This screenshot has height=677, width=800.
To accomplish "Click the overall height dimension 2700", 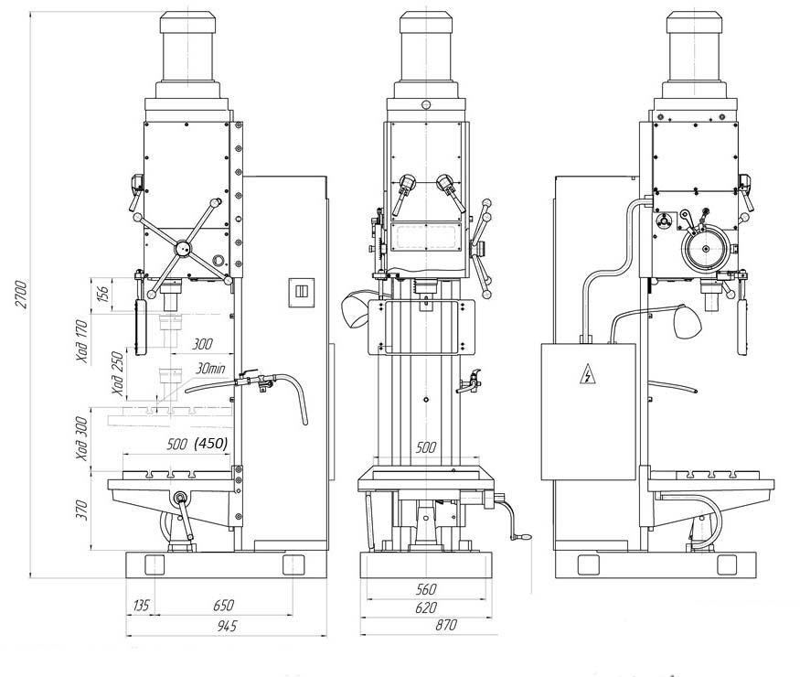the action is point(21,294).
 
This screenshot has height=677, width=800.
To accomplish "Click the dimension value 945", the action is point(226,626).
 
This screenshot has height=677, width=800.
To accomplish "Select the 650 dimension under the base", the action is point(223,606).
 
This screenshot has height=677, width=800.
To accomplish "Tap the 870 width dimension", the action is point(445,625).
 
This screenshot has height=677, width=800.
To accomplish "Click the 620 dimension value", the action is point(425,607).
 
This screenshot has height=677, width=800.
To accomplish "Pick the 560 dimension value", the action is point(425,590).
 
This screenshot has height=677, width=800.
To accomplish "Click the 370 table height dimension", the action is point(82,510).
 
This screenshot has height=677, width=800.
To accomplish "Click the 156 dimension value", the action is point(102,294).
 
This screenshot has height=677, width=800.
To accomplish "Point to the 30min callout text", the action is point(210,369).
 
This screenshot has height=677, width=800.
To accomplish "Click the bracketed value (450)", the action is point(210,443).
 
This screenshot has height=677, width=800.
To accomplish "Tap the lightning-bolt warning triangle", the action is point(588,375).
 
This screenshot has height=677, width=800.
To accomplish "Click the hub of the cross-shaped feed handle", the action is point(182,249).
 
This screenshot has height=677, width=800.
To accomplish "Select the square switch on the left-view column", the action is point(302,292).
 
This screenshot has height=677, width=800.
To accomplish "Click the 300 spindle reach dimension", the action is point(202,344).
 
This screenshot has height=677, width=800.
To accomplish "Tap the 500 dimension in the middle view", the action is point(425,447).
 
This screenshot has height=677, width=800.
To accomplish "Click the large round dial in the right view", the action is point(706,249).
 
